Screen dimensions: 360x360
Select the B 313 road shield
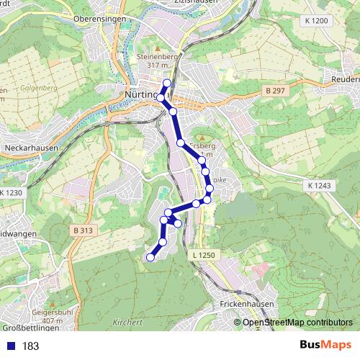(x=84, y=230)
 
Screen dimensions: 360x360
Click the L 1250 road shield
(x=204, y=256)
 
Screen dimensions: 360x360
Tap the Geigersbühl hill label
(x=53, y=313)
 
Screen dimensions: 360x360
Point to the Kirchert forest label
(x=128, y=323)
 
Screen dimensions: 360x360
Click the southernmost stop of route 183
(x=150, y=257)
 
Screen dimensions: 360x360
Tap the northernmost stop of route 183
(x=167, y=84)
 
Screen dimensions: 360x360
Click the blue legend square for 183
(x=11, y=346)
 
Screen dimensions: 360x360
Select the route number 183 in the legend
(x=30, y=346)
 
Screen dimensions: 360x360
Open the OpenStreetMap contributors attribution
(x=297, y=323)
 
